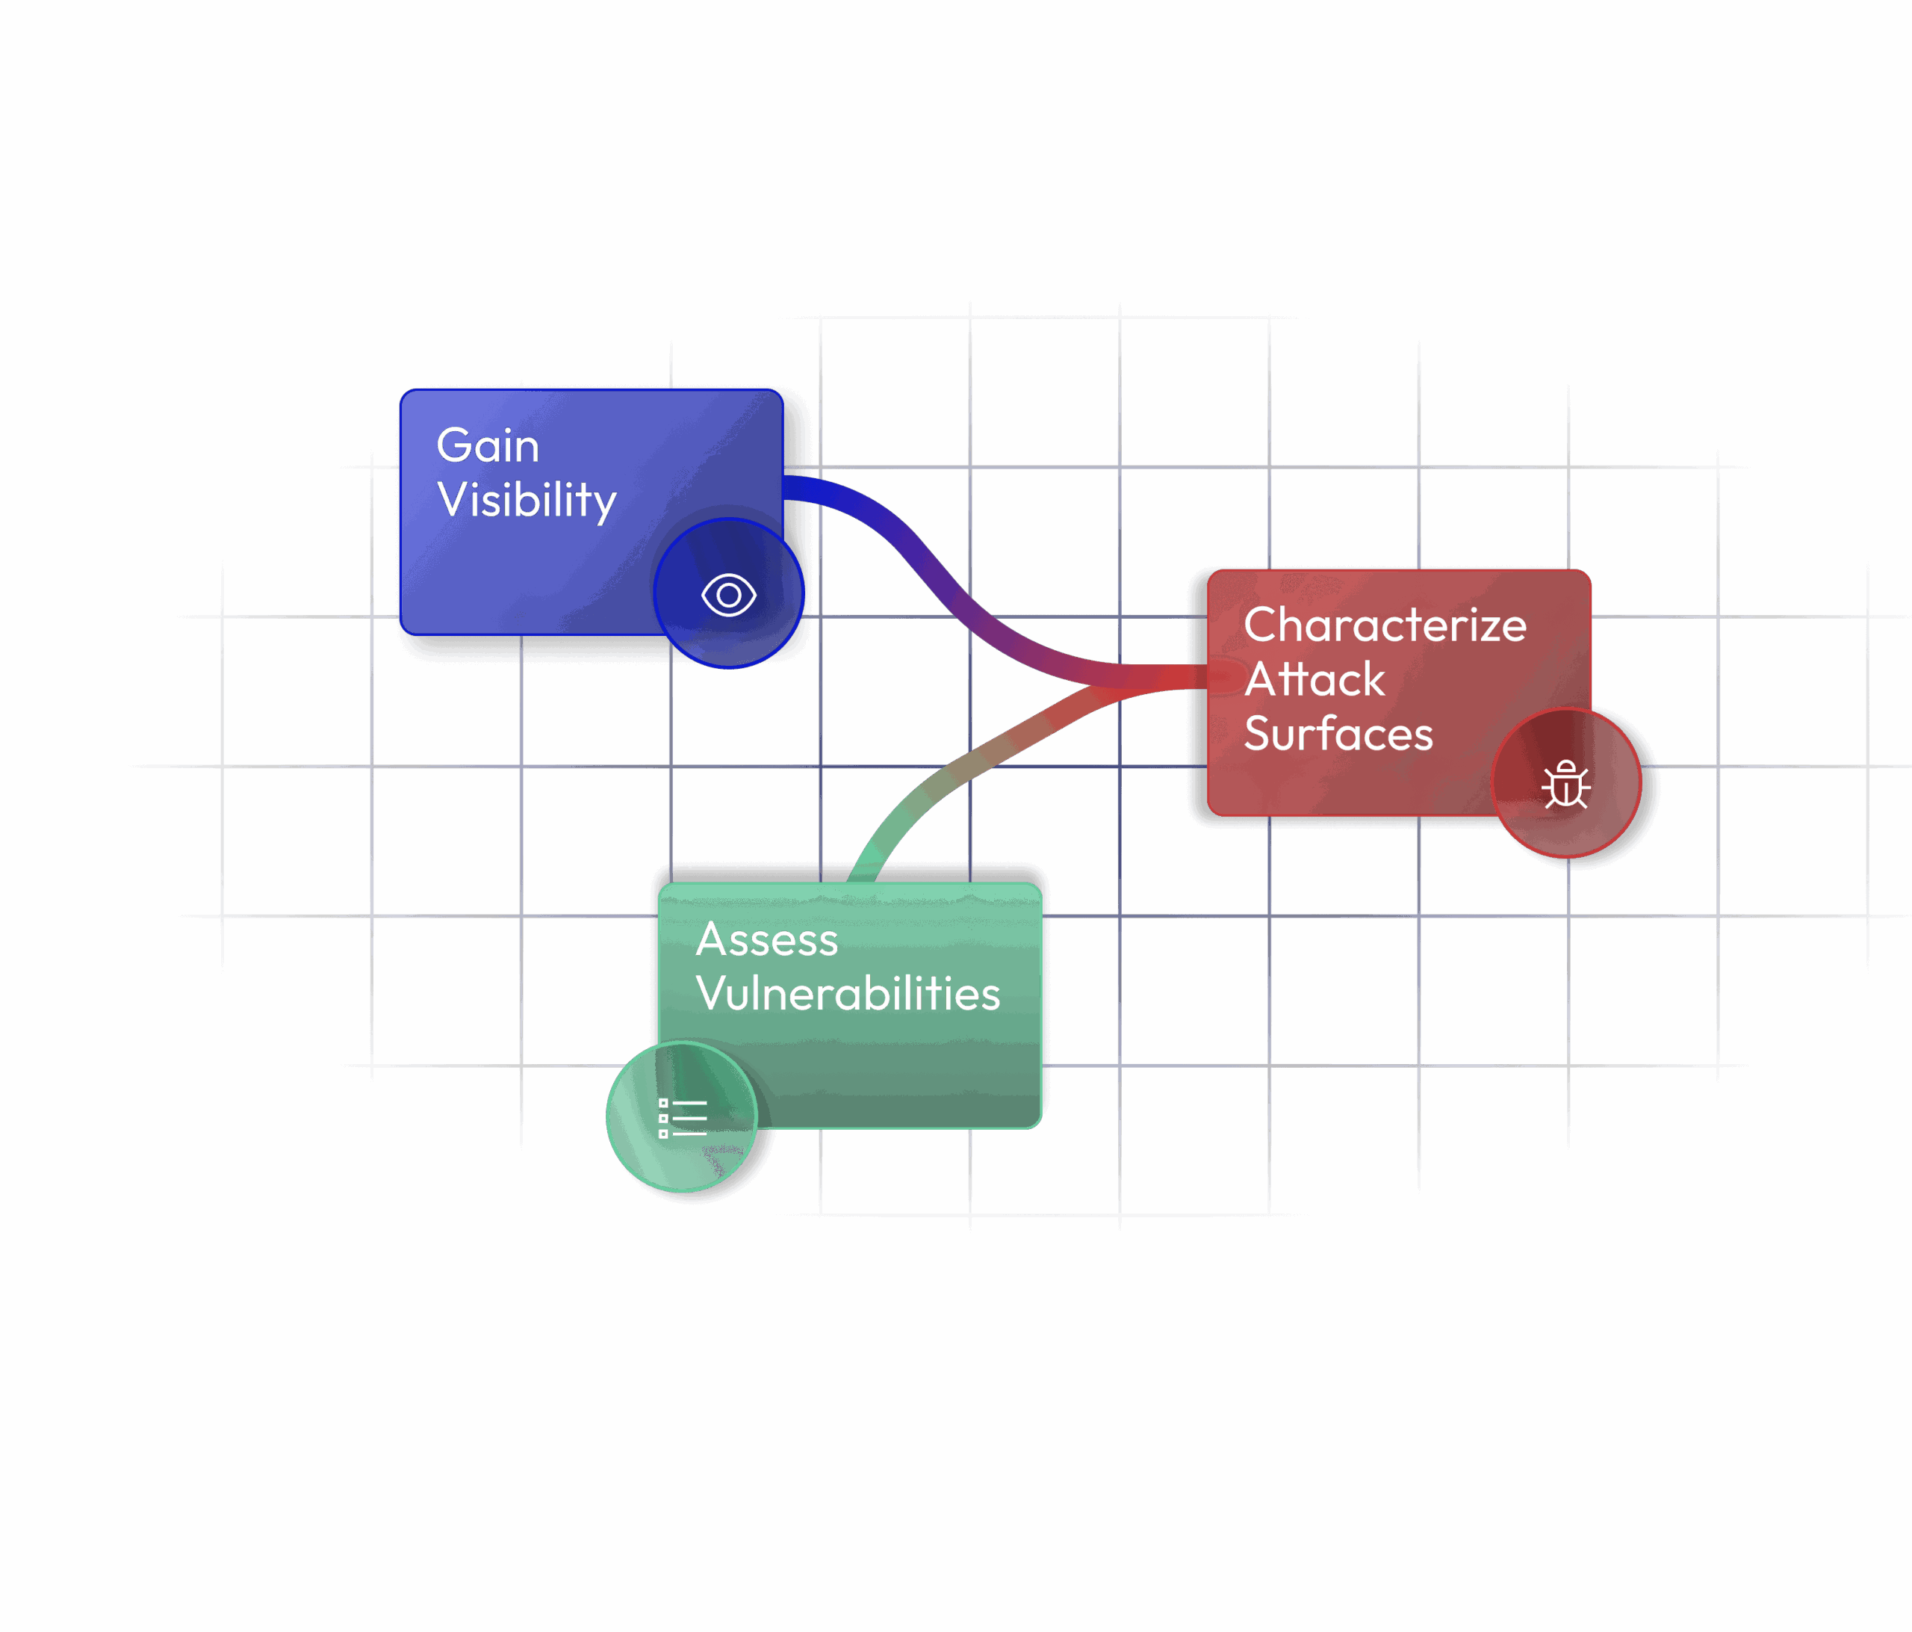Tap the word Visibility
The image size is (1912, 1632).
click(526, 501)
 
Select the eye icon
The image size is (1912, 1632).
click(729, 596)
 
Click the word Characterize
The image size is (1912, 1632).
click(1384, 625)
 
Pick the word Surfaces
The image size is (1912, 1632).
click(1338, 734)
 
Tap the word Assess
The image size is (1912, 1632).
click(767, 940)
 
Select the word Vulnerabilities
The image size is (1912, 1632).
click(848, 994)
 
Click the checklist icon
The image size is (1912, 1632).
click(682, 1118)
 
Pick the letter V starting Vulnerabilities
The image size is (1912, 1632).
click(713, 994)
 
